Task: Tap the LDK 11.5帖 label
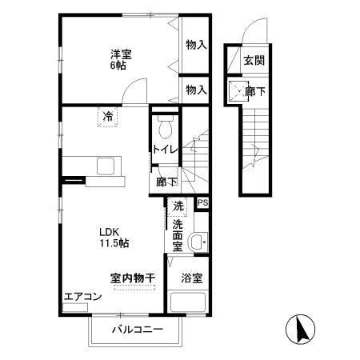[x=114, y=237]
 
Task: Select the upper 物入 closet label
[x=196, y=46]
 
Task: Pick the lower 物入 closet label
[x=196, y=90]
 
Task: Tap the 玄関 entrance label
[x=254, y=61]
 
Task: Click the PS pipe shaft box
[x=203, y=204]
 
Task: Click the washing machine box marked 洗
[x=178, y=206]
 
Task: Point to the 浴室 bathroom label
[x=191, y=278]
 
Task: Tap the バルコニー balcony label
[x=137, y=330]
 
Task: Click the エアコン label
[x=82, y=297]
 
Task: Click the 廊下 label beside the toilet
[x=166, y=182]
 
